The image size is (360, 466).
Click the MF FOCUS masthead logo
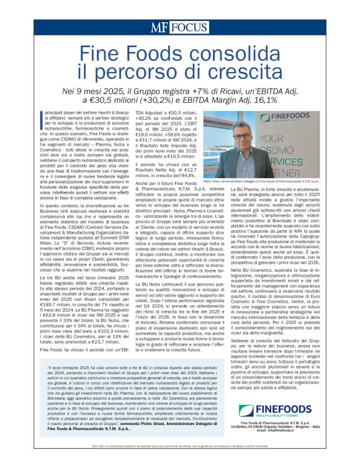coord(179,28)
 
